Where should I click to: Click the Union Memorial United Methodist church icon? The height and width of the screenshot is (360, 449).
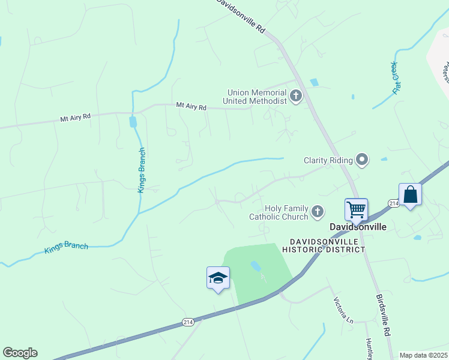[295, 96]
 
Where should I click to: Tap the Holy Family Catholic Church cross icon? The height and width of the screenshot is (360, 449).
[317, 211]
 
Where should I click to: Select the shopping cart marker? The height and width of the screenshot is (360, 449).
[356, 210]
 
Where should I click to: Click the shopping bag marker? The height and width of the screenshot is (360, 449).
[410, 195]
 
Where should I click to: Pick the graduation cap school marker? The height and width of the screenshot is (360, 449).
[218, 278]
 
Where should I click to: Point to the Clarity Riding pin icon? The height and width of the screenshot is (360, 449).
[362, 160]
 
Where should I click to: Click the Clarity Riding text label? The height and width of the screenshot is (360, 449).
[328, 160]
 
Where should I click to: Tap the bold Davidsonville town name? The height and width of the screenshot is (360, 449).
[358, 227]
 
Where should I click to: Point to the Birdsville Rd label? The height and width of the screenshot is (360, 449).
[384, 315]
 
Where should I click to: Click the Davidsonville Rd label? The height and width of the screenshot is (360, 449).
[240, 14]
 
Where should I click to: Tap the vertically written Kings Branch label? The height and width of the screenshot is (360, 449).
[142, 170]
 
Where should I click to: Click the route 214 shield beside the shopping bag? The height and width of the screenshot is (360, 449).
[394, 204]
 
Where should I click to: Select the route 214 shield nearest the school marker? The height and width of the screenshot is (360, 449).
[188, 323]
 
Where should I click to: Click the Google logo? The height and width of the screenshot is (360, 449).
[20, 353]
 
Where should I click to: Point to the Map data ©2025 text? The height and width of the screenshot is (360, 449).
[423, 355]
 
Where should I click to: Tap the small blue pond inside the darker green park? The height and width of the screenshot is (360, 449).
[256, 265]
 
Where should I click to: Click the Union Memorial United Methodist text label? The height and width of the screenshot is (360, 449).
[256, 97]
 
